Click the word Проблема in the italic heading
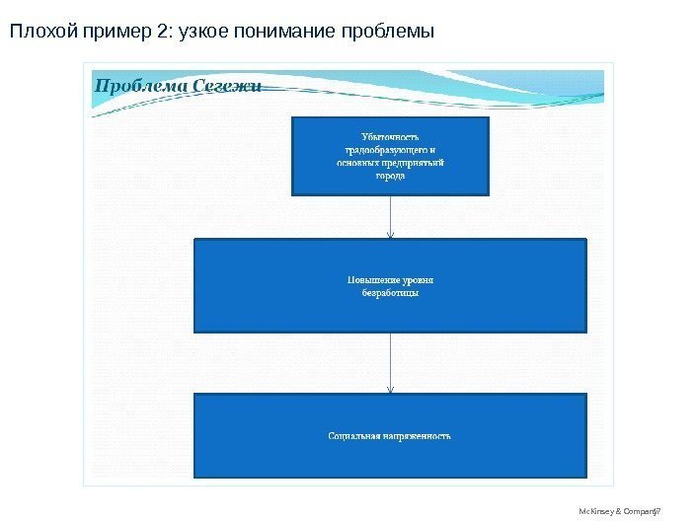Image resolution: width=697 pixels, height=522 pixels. (140, 85)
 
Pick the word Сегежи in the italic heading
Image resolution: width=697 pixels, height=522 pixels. (226, 85)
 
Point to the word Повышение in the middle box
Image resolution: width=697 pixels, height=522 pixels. (367, 279)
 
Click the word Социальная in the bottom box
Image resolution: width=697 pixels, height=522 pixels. (354, 435)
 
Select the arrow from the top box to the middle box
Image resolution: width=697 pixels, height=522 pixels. (391, 217)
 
